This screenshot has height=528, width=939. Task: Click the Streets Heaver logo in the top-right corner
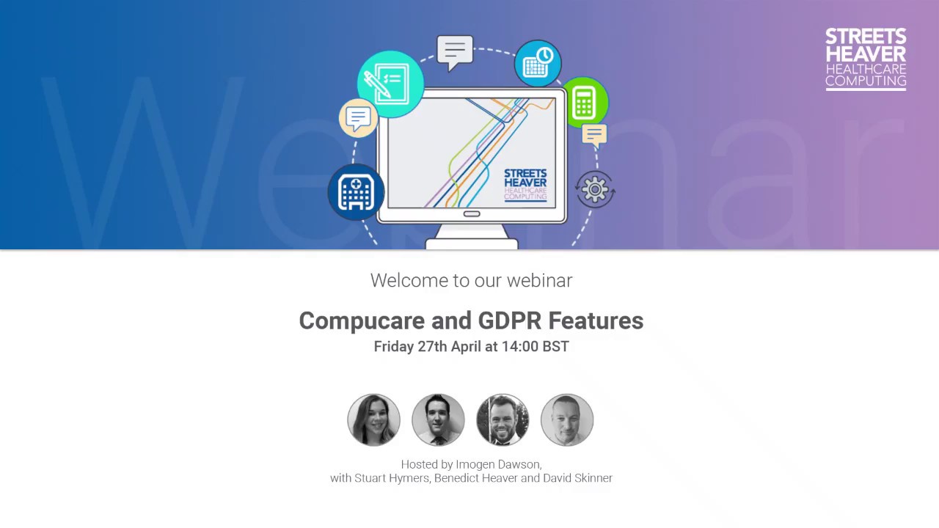pyautogui.click(x=866, y=59)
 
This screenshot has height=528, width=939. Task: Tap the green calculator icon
pyautogui.click(x=584, y=101)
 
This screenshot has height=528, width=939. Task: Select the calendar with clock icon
pyautogui.click(x=538, y=64)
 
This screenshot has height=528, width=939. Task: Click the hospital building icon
pyautogui.click(x=356, y=192)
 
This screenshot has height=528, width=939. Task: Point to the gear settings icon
pyautogui.click(x=595, y=190)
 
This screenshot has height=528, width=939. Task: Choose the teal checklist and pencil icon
pyautogui.click(x=390, y=84)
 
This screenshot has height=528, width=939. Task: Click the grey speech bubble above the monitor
pyautogui.click(x=455, y=51)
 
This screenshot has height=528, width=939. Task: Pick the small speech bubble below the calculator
pyautogui.click(x=594, y=135)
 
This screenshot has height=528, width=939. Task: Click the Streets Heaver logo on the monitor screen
pyautogui.click(x=525, y=184)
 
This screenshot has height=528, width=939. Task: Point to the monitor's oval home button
pyautogui.click(x=472, y=214)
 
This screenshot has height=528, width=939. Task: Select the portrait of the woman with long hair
pyautogui.click(x=373, y=420)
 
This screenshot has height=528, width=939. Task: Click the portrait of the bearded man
pyautogui.click(x=503, y=420)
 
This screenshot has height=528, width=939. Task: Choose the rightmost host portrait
pyautogui.click(x=567, y=420)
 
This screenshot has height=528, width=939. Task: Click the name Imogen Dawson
pyautogui.click(x=499, y=464)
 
